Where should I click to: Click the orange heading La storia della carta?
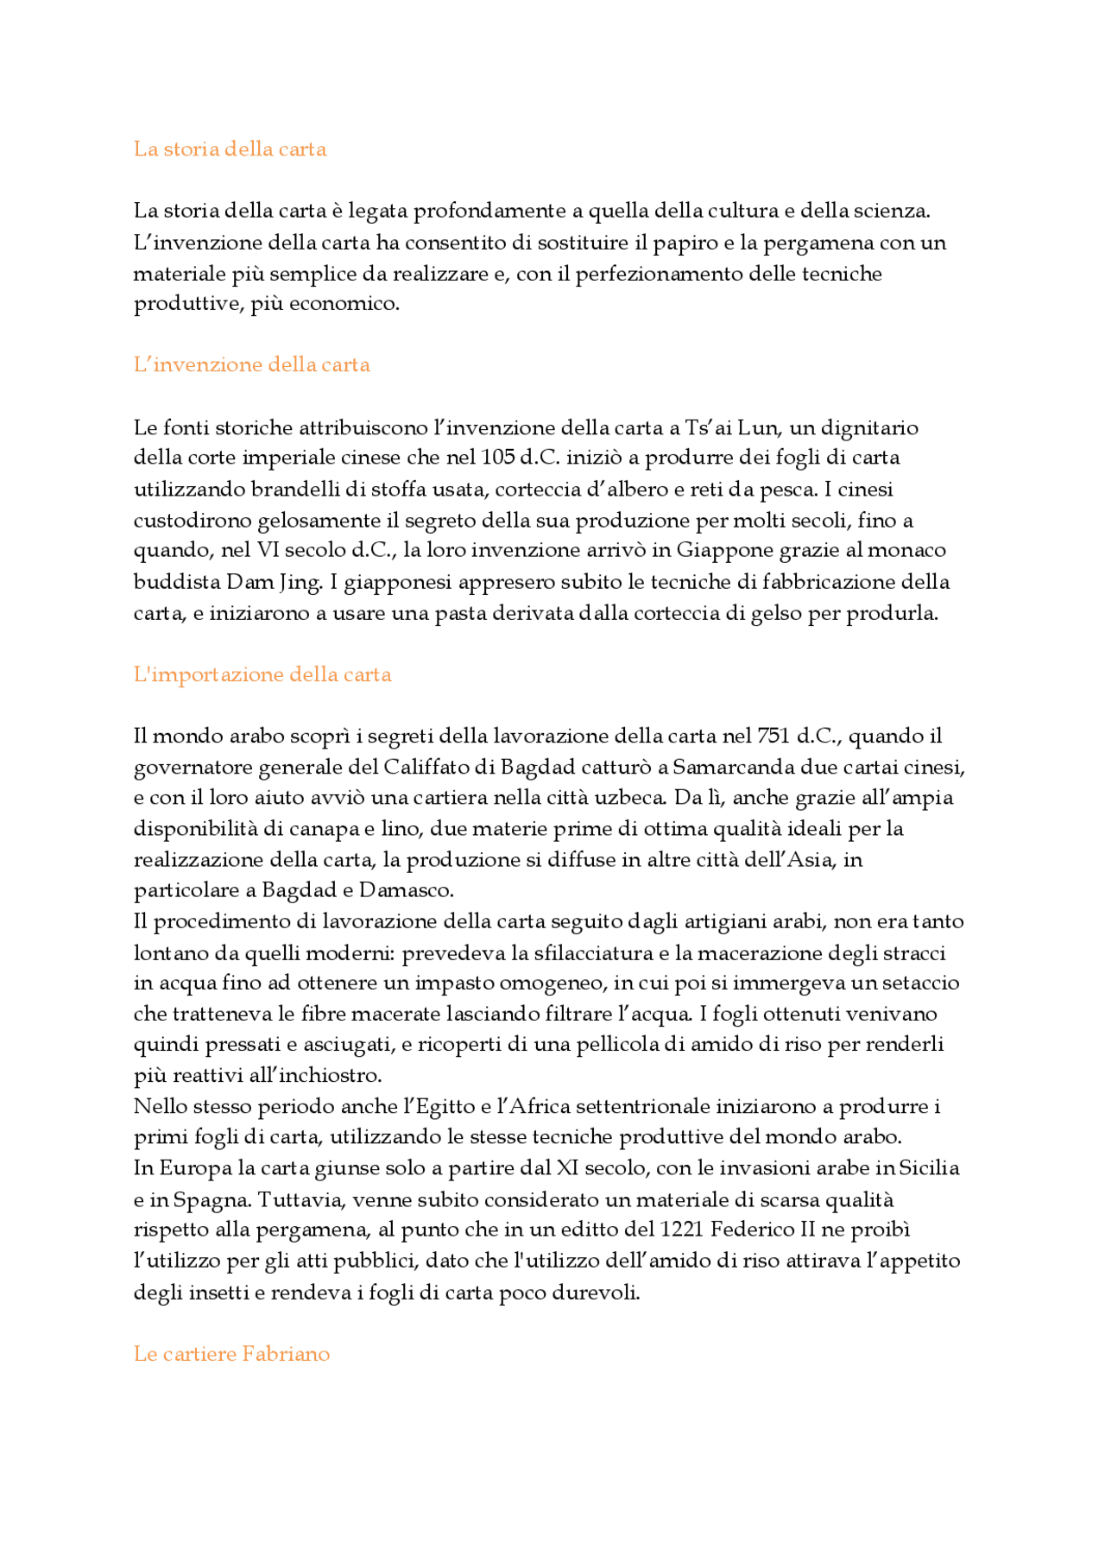pos(230,149)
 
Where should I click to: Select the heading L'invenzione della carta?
pos(251,364)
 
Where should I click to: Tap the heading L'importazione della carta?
pos(262,674)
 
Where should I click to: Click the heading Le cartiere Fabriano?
pos(231,1354)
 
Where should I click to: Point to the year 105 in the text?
pos(498,458)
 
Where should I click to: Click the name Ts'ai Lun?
pos(732,427)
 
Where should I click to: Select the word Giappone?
pos(724,551)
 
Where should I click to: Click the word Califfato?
pos(420,767)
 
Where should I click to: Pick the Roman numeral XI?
pos(567,1168)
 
